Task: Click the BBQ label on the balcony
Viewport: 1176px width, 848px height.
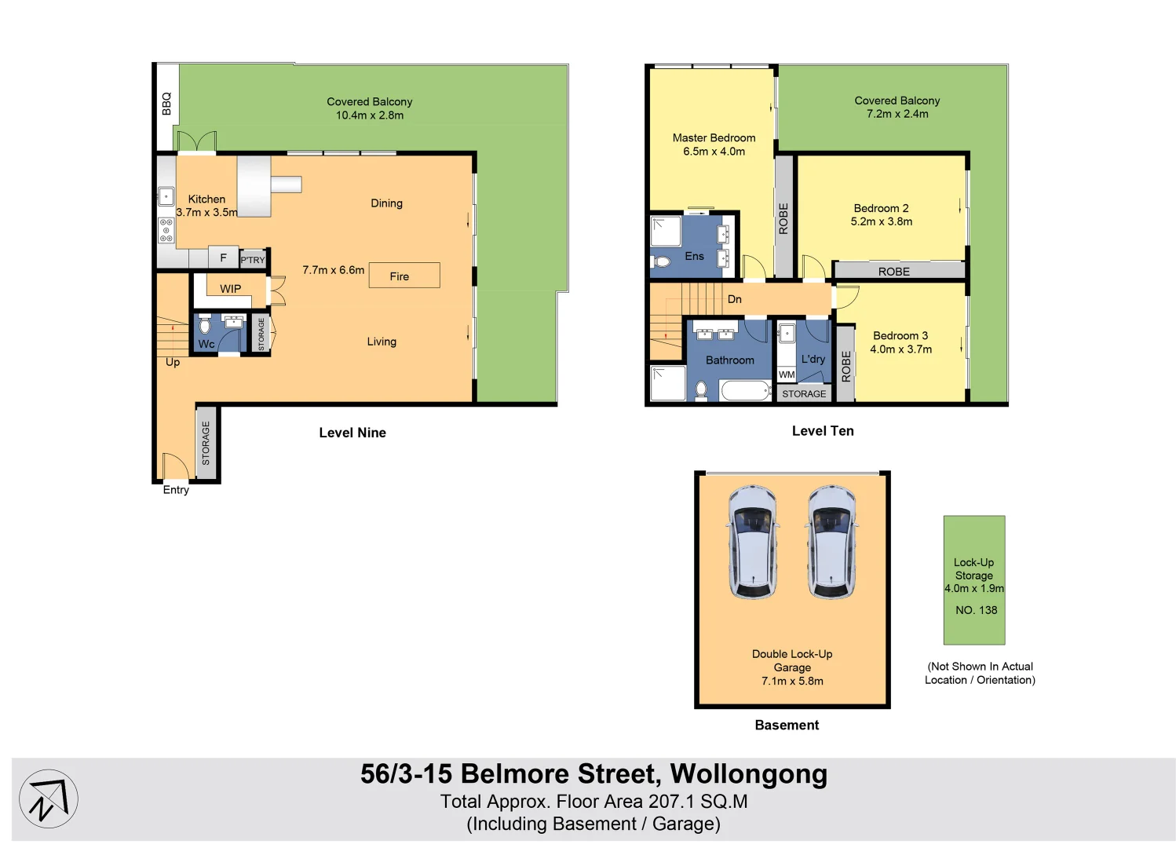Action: [166, 104]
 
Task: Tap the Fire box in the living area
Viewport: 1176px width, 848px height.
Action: [404, 276]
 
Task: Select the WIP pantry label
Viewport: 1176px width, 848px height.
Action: [230, 288]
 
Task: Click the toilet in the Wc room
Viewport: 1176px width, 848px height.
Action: [205, 324]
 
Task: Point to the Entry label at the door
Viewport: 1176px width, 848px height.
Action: [176, 490]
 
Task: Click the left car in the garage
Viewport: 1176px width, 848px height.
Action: [753, 542]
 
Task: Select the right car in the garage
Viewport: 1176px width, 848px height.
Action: [832, 542]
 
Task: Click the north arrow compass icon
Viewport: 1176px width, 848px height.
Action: [49, 799]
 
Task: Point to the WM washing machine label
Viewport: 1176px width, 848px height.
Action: [787, 375]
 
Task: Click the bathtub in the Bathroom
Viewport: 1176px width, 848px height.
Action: [746, 389]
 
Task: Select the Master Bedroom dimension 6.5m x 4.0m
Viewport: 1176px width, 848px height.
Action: [714, 152]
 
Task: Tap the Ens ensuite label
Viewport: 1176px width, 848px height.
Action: [694, 256]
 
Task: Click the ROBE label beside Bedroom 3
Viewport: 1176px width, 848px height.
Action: [845, 366]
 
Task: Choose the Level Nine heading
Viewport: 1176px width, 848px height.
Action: [352, 433]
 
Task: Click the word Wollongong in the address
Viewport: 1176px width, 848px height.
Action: [748, 774]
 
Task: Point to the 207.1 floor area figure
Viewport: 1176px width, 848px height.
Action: [671, 802]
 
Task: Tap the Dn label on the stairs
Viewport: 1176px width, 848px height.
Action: [734, 299]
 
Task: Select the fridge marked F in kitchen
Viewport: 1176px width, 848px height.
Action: [223, 258]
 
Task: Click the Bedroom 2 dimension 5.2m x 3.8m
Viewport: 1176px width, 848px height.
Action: [881, 221]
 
